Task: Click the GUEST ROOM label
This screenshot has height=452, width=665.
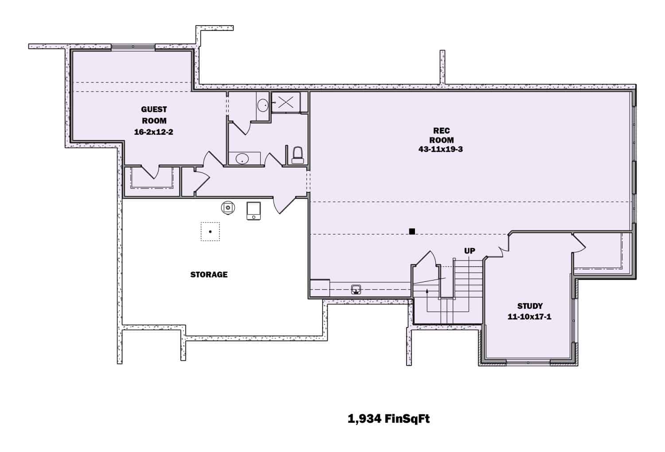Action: (154, 115)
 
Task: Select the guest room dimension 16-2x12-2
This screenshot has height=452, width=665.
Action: (153, 132)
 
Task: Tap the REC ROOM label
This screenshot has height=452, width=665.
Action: (441, 135)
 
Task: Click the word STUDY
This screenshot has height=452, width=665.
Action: (530, 306)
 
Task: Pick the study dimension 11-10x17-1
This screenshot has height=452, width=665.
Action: (529, 317)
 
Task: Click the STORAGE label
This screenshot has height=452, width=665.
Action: (209, 275)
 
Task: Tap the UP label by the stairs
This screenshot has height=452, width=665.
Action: (469, 251)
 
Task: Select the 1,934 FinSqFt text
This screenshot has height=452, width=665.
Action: (389, 419)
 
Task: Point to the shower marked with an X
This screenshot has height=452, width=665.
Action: (285, 103)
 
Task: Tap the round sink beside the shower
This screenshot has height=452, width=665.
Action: (263, 105)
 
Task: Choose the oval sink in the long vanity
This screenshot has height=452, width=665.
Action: (242, 159)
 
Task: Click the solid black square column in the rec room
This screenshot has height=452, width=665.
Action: (412, 231)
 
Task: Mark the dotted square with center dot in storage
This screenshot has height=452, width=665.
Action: (210, 231)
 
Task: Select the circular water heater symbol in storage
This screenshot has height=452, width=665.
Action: (228, 207)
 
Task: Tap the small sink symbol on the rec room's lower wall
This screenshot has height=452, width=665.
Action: (356, 290)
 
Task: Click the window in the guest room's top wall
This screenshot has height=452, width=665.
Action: (133, 47)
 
